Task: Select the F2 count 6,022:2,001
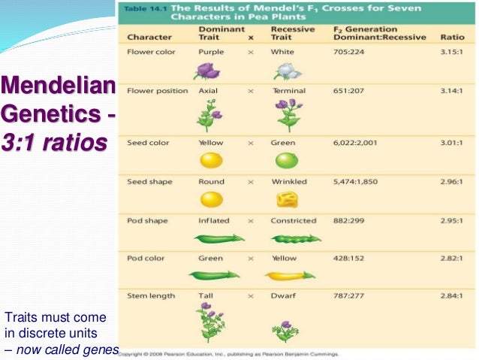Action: point(358,142)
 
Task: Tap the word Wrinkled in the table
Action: point(291,181)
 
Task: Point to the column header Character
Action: point(150,37)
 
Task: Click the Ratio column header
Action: point(452,37)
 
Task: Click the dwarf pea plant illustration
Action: point(286,329)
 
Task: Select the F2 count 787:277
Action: point(348,296)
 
